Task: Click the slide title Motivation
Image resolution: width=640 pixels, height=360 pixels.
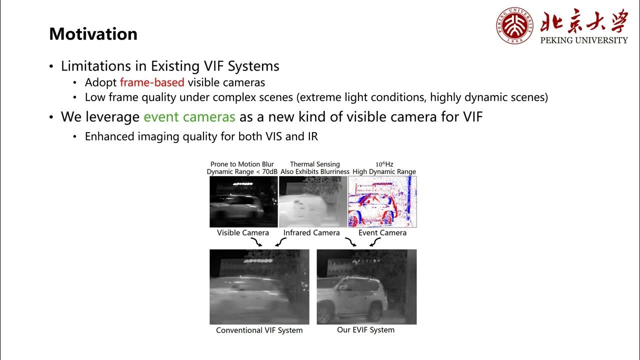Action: [93, 34]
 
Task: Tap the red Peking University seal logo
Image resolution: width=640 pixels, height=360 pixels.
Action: [514, 25]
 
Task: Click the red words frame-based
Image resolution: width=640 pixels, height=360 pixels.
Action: [152, 82]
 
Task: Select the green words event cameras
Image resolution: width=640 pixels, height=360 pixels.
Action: [189, 117]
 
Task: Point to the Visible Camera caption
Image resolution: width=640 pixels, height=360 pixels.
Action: [243, 232]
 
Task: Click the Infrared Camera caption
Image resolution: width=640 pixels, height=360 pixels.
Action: [311, 232]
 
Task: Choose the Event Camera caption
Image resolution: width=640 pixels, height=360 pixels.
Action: [382, 232]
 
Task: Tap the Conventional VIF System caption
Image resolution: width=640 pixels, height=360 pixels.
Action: [259, 330]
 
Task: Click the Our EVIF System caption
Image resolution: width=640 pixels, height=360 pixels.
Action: [365, 330]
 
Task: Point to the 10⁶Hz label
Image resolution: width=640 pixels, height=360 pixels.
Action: [384, 164]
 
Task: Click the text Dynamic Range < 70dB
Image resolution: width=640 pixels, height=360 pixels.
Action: [242, 171]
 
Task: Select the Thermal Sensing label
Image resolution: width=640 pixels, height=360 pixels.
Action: [314, 164]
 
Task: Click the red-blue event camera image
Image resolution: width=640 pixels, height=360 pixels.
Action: [382, 201]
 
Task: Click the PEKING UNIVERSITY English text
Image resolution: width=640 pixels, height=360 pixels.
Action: [584, 40]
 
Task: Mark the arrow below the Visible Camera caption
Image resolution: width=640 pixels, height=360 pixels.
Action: [257, 242]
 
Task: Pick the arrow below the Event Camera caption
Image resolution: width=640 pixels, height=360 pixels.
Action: [374, 242]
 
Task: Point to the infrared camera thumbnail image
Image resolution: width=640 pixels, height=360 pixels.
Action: [312, 201]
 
